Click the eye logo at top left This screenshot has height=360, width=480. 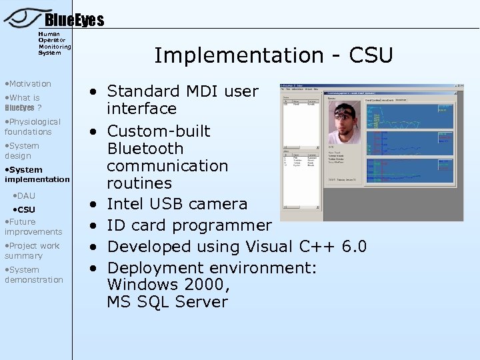(21, 17)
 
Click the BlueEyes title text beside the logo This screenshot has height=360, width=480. (74, 21)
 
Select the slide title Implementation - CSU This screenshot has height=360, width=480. (273, 55)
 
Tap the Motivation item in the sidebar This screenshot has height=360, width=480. (29, 84)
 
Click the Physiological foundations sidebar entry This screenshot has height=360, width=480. (32, 127)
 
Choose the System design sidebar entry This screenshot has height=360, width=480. (22, 151)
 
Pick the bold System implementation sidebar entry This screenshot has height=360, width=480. (37, 175)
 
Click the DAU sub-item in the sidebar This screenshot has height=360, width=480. (26, 196)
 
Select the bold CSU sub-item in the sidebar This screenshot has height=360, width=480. (26, 210)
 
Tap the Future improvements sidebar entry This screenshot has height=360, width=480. (33, 227)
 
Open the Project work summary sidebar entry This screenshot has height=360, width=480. (32, 251)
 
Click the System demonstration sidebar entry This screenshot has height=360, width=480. (34, 275)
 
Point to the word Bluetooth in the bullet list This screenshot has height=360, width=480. (145, 148)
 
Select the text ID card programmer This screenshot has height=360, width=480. (189, 225)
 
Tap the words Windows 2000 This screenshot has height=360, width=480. (168, 285)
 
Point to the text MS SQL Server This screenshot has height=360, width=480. (167, 302)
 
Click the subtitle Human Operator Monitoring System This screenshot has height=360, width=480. (53, 43)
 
